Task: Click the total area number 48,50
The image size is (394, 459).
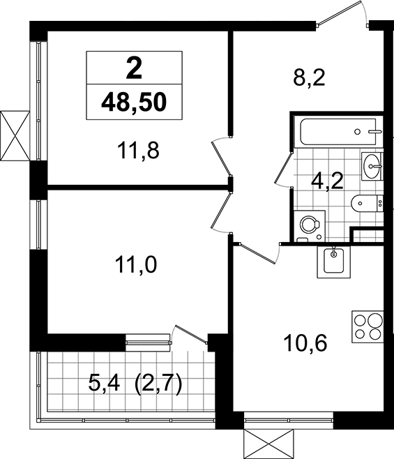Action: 134,102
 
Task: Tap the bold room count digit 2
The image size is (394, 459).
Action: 134,68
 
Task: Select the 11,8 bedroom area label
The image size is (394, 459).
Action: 138,150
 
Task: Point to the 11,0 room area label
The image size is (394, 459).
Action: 136,264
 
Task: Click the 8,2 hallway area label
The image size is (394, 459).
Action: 309,78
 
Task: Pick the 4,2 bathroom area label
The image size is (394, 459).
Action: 327,181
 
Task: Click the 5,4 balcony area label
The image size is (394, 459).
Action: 104,384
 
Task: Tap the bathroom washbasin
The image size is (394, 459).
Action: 372,166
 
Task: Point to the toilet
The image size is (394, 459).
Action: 367,203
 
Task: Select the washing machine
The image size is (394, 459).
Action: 310,226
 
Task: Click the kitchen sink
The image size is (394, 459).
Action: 334,262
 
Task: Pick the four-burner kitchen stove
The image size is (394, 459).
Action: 368,326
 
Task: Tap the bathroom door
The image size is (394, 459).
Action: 284,170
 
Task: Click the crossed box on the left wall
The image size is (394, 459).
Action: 15,135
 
